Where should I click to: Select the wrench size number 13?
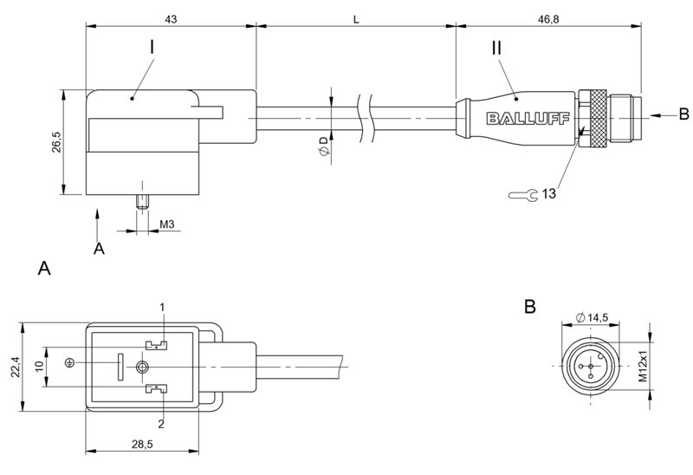(x=547, y=194)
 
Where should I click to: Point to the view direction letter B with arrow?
(x=683, y=114)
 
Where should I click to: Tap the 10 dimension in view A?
(x=39, y=368)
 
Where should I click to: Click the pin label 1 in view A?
(x=162, y=307)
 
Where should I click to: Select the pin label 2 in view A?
(x=162, y=423)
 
